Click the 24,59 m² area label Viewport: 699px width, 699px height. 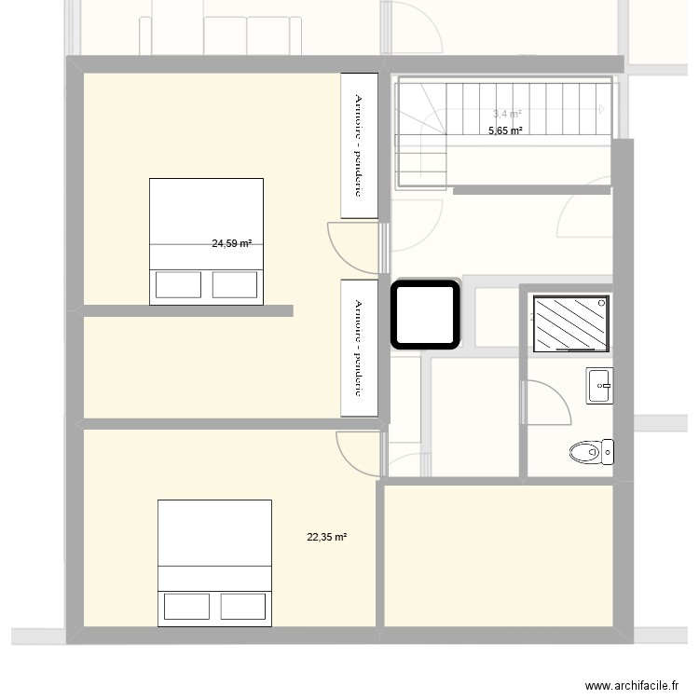click(x=231, y=244)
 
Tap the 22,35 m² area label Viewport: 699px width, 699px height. click(x=326, y=537)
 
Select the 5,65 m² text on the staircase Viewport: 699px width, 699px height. click(x=505, y=131)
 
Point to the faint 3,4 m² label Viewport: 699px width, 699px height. click(x=507, y=115)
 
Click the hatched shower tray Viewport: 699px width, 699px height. click(x=571, y=323)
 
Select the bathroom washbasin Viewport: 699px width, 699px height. click(x=599, y=385)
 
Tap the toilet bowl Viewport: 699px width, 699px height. click(x=590, y=453)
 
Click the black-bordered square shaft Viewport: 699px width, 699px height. click(x=425, y=315)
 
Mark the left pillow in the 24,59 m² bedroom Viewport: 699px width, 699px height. click(x=178, y=283)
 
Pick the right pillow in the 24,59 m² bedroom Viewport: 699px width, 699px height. click(x=235, y=283)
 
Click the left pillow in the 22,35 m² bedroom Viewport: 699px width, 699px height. click(x=187, y=607)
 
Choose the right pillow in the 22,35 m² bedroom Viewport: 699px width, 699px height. click(x=243, y=607)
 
